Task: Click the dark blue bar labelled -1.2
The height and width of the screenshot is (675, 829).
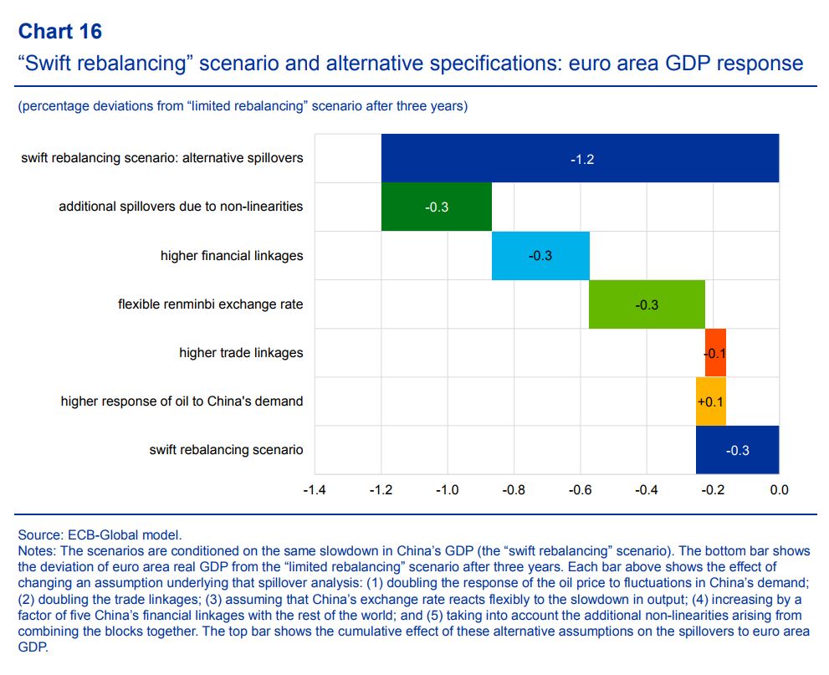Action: [580, 158]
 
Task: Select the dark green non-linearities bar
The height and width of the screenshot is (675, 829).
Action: [436, 207]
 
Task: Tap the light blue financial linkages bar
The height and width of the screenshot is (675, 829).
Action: [540, 255]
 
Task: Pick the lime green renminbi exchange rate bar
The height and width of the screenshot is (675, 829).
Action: [647, 304]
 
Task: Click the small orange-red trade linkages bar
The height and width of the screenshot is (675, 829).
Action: [715, 352]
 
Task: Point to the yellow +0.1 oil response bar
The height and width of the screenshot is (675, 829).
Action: [711, 401]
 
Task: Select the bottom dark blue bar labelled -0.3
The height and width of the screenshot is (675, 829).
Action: [737, 449]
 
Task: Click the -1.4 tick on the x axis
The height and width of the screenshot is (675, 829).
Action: [315, 489]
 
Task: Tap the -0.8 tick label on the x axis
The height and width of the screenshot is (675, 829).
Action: [513, 489]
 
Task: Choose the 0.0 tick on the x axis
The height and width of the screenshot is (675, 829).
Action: [779, 489]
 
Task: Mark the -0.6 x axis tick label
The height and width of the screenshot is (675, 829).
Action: [580, 489]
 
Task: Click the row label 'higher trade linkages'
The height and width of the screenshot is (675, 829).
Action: [241, 353]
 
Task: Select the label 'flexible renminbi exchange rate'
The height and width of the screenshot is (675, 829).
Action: [210, 304]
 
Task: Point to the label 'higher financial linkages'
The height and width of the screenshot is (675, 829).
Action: [232, 256]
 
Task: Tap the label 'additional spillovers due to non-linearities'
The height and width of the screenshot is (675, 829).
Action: [181, 207]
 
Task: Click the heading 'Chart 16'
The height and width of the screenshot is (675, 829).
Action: [59, 32]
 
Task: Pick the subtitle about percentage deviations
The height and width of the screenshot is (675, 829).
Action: [243, 106]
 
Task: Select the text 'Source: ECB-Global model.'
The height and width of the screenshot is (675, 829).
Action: [100, 534]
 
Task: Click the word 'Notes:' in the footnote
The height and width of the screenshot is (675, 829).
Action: [37, 551]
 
